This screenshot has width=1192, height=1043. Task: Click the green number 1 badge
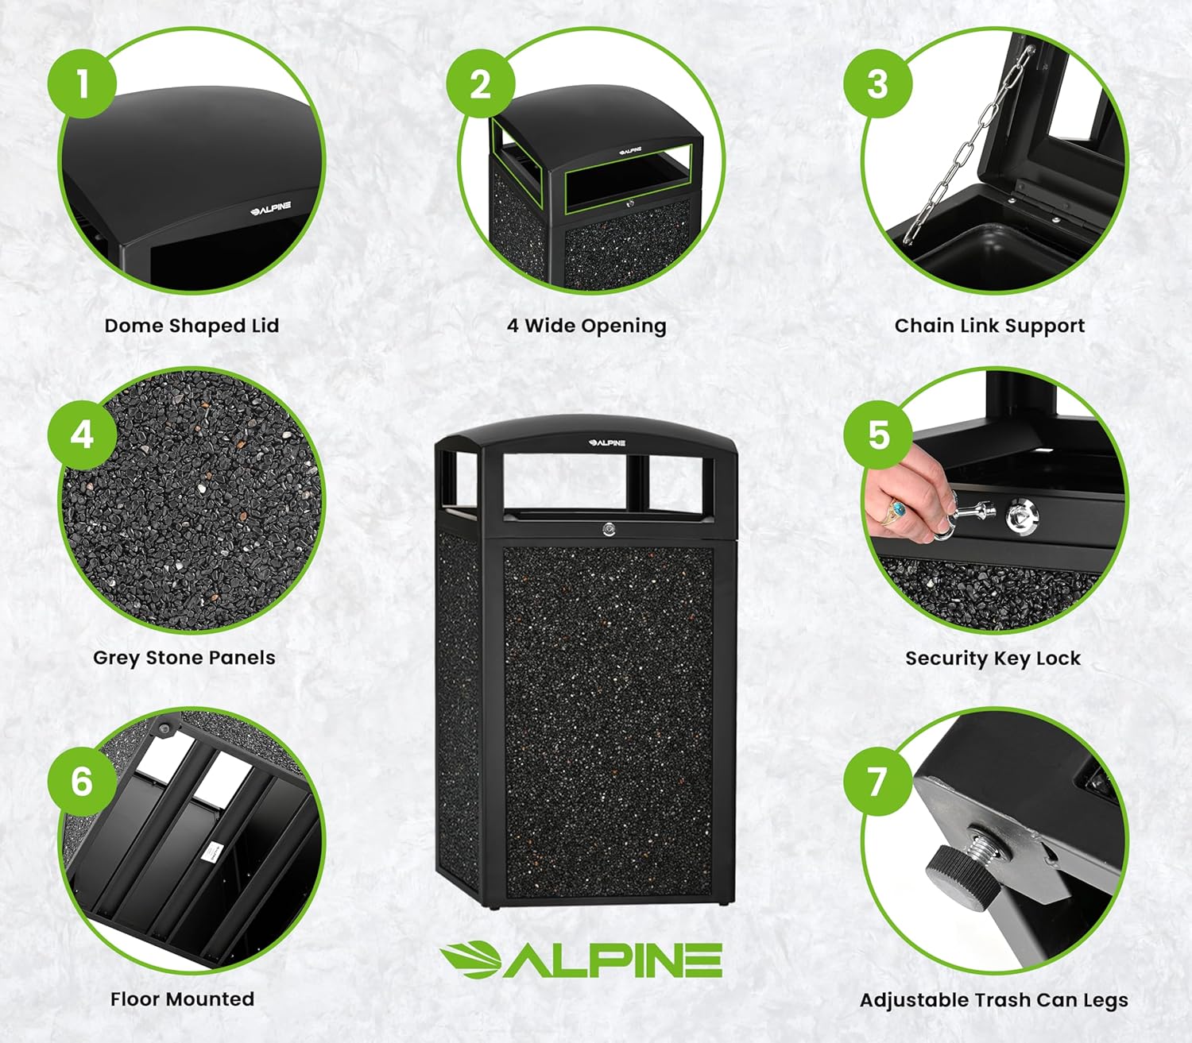(83, 83)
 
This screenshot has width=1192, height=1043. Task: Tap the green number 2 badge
(481, 83)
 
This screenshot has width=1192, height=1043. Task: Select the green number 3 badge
(877, 83)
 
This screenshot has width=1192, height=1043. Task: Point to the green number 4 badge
(83, 435)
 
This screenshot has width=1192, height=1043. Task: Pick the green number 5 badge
(878, 435)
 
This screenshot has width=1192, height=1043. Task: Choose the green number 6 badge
(83, 781)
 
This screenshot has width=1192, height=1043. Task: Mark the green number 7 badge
(878, 781)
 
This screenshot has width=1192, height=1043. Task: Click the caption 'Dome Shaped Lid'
(192, 326)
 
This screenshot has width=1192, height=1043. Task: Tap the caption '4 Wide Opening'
(586, 326)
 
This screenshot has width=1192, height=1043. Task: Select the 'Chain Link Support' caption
(989, 326)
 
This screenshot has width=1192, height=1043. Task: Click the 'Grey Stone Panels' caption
(184, 658)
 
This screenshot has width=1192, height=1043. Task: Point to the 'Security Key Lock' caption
(993, 659)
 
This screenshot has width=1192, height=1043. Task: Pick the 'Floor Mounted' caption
(182, 999)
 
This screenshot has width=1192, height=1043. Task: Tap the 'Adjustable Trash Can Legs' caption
(993, 1000)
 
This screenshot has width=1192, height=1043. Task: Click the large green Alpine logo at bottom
(581, 960)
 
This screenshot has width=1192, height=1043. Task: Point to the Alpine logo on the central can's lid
(607, 443)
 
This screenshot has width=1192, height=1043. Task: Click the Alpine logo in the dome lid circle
(271, 209)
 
